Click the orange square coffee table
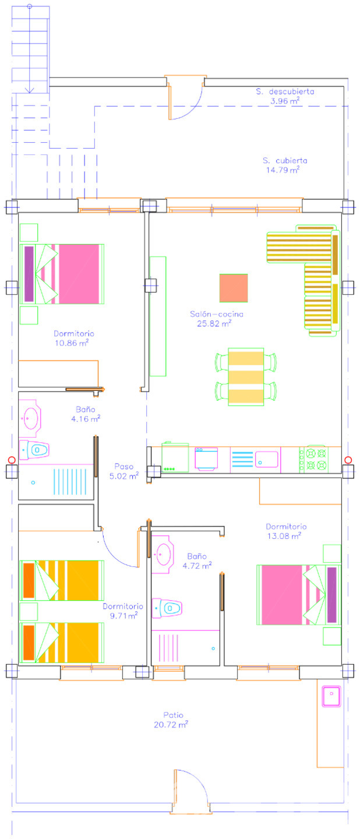pyautogui.click(x=234, y=288)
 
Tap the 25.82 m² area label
pyautogui.click(x=214, y=323)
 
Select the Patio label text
pyautogui.click(x=173, y=715)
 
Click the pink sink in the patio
pyautogui.click(x=331, y=696)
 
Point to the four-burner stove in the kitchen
pyautogui.click(x=314, y=460)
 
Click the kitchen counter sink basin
pyautogui.click(x=266, y=459)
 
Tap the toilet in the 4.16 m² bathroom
pyautogui.click(x=34, y=450)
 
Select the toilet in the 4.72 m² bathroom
pyautogui.click(x=167, y=608)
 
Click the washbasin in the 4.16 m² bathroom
pyautogui.click(x=30, y=418)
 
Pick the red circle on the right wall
pyautogui.click(x=348, y=460)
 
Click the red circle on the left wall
pyautogui.click(x=12, y=460)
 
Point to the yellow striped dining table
pyautogui.click(x=246, y=377)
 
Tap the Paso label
pyautogui.click(x=124, y=466)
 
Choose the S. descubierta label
pyautogui.click(x=285, y=91)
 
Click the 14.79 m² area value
pyautogui.click(x=283, y=170)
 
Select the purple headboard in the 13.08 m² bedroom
pyautogui.click(x=331, y=595)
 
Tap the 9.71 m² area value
pyautogui.click(x=123, y=615)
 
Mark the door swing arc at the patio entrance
pyautogui.click(x=197, y=779)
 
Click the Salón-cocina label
pyautogui.click(x=217, y=314)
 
